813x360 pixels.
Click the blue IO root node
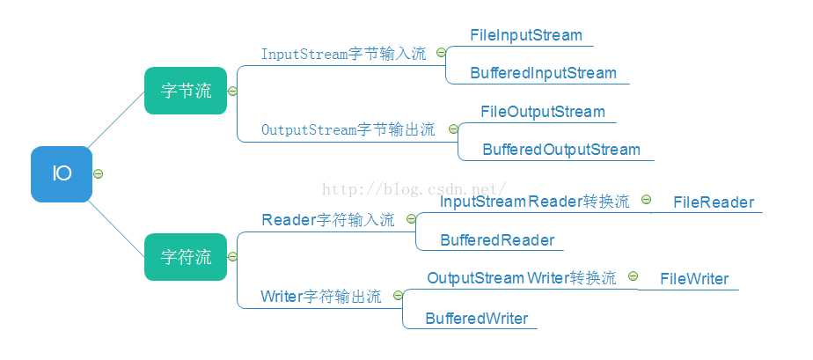(62, 174)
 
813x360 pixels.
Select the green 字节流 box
(186, 91)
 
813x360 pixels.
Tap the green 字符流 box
(186, 257)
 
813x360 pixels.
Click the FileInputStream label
(526, 35)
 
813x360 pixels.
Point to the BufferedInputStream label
(543, 73)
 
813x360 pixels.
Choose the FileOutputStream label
(543, 112)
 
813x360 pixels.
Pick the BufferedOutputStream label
(561, 150)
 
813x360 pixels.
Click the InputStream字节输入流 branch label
(343, 54)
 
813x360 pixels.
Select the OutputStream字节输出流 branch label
(348, 129)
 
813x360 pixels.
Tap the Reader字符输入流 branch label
(328, 220)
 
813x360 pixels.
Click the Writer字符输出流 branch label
(321, 297)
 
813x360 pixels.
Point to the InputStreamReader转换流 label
(534, 202)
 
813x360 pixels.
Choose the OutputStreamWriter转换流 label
(522, 278)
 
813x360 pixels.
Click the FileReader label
(714, 202)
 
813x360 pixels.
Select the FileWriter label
(695, 279)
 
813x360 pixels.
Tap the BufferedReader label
(497, 240)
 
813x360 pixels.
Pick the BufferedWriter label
(477, 319)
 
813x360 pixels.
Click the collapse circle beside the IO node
(99, 173)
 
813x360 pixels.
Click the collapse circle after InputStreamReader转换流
(646, 200)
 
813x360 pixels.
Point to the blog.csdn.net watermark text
(414, 188)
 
